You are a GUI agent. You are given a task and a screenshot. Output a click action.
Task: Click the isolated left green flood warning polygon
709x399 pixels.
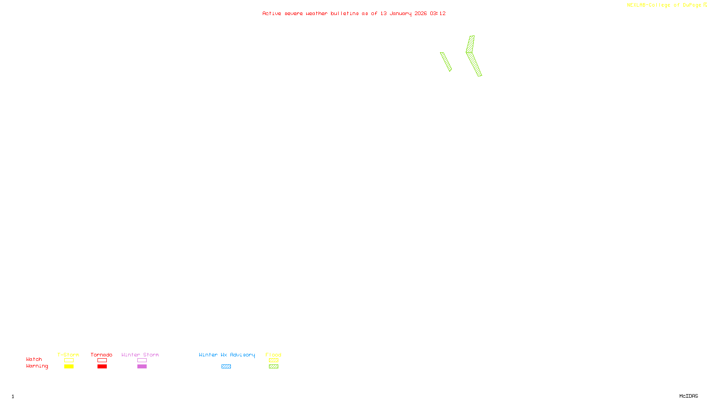[x=446, y=62]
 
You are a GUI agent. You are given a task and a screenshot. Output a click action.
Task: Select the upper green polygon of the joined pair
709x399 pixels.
[x=470, y=44]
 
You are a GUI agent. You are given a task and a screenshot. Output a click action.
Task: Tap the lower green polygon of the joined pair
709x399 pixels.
[x=475, y=64]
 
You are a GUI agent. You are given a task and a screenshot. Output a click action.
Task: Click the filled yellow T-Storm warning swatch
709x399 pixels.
[x=69, y=367]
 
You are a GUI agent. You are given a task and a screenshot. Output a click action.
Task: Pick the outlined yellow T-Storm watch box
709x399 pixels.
[x=69, y=360]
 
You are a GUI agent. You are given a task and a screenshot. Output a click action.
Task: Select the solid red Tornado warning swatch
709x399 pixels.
[x=102, y=367]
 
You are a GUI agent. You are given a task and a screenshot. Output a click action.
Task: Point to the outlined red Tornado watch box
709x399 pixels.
[x=102, y=360]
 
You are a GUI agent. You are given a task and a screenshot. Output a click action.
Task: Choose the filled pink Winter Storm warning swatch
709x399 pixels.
[x=142, y=367]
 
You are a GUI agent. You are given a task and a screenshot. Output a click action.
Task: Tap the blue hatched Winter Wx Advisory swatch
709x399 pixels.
[x=226, y=367]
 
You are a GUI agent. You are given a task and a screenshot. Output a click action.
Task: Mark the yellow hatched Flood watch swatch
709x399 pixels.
[x=273, y=360]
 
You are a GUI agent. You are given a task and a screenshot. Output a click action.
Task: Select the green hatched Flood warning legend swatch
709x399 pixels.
[x=273, y=367]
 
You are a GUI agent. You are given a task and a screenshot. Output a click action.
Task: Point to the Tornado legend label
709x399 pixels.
[x=101, y=355]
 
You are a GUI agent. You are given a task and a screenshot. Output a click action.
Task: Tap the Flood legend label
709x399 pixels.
[x=273, y=355]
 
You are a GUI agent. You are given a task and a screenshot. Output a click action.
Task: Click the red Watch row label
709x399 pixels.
[x=34, y=359]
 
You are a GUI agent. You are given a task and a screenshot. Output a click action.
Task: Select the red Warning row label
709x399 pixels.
[x=37, y=366]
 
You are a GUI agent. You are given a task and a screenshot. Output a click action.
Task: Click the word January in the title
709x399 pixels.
[x=401, y=13]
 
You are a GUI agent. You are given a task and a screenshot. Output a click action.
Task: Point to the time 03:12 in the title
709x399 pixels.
[x=438, y=13]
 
